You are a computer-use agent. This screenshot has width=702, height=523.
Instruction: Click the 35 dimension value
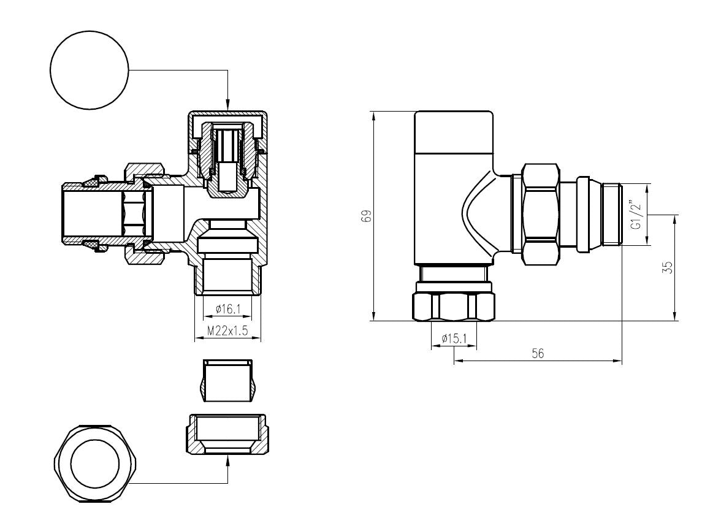point(667,267)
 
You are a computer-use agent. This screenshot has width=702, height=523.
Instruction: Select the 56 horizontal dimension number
point(538,353)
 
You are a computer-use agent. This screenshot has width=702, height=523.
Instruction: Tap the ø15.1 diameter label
point(454,338)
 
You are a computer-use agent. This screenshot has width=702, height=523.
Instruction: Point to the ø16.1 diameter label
point(228,308)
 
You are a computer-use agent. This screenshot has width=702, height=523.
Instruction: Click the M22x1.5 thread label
point(227,330)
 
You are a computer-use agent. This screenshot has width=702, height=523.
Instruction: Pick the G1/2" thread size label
point(636,213)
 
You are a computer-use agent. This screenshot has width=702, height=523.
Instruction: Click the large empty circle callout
point(90,70)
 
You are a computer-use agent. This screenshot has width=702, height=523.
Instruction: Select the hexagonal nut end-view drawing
point(95,462)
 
